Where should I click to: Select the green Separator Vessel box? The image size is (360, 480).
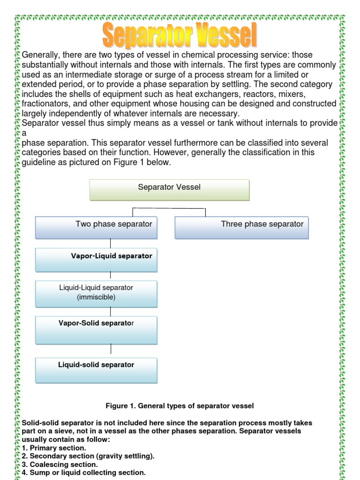pos(169,190)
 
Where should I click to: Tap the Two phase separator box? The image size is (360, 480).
pos(97,227)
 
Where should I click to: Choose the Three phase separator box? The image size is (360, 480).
pos(242,227)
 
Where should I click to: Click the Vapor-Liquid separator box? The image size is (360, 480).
pos(97,260)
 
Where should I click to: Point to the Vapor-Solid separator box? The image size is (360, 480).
pos(97,330)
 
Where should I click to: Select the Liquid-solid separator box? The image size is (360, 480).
pos(97,370)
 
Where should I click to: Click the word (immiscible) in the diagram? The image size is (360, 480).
pos(96,297)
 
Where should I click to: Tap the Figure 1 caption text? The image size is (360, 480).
pos(180,405)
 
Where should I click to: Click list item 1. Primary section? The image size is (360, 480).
pos(54,448)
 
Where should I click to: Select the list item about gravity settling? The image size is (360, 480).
pos(88,456)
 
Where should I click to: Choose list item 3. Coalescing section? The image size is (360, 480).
pos(60,465)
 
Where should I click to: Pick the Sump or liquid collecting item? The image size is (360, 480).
pos(83,472)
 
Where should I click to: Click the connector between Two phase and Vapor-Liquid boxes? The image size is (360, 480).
pos(111,243)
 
